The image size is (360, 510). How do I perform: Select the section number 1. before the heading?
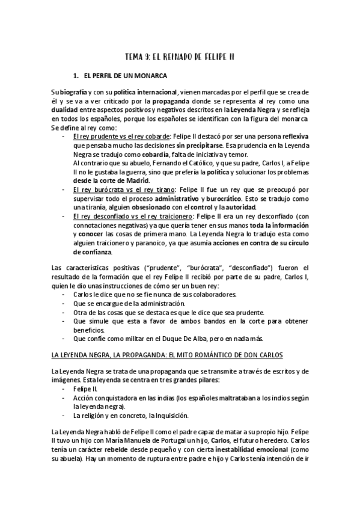click(76, 76)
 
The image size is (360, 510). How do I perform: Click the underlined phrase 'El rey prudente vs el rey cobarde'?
click(121, 137)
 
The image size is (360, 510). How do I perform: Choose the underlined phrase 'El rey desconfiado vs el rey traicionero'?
click(132, 216)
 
